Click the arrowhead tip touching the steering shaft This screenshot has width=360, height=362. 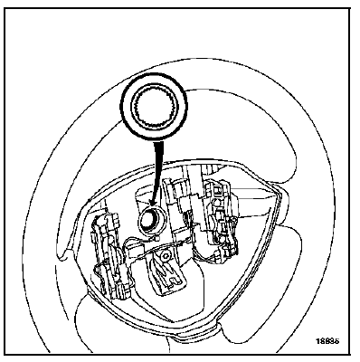[150, 214]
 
